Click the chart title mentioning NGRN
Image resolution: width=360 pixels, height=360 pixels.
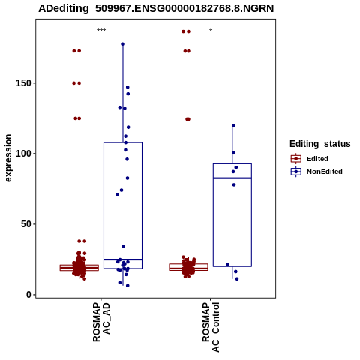(x=156, y=8)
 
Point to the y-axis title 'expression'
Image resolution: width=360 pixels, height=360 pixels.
(x=8, y=158)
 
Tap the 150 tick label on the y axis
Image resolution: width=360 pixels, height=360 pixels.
(x=24, y=83)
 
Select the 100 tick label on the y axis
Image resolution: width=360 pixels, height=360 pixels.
(x=24, y=154)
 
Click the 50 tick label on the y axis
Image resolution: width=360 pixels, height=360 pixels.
(x=26, y=224)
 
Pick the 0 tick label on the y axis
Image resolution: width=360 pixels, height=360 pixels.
(x=29, y=295)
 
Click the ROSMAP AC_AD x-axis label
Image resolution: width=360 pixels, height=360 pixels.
(x=101, y=322)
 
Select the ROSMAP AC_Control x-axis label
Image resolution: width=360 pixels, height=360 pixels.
(x=211, y=327)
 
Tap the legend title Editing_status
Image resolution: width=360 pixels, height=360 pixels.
(x=320, y=144)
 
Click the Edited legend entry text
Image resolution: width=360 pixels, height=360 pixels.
(x=317, y=159)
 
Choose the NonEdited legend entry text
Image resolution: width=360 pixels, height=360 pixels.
(x=325, y=172)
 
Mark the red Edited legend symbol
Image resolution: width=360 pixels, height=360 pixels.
(x=296, y=159)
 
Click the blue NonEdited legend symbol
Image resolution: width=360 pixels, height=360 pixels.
(x=296, y=172)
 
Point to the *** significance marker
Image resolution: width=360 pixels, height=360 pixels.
(x=101, y=31)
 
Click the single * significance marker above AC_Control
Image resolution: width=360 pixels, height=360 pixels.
(x=211, y=31)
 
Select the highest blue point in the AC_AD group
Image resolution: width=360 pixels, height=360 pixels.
(x=123, y=44)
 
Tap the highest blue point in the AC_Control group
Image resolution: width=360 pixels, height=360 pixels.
(x=234, y=126)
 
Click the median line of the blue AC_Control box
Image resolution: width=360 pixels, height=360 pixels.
(x=232, y=178)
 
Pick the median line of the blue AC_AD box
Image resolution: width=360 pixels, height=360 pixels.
(x=123, y=259)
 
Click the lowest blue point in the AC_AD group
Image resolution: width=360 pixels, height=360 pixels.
(x=127, y=286)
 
